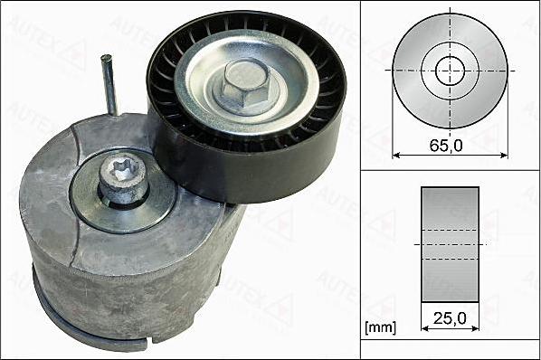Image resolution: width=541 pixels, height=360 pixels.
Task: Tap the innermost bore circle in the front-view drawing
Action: pyautogui.click(x=450, y=70)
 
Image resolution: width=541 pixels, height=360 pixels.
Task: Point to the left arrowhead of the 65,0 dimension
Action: pyautogui.click(x=396, y=155)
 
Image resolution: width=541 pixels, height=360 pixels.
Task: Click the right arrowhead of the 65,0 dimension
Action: pyautogui.click(x=503, y=155)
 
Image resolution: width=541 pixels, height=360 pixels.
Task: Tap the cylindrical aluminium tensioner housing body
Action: pyautogui.click(x=136, y=262)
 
